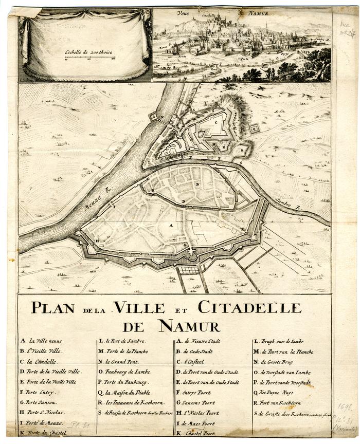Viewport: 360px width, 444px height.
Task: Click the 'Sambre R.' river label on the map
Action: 287,204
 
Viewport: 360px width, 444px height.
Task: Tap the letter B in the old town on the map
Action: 197,183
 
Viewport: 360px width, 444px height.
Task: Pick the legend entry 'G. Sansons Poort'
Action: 197,402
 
